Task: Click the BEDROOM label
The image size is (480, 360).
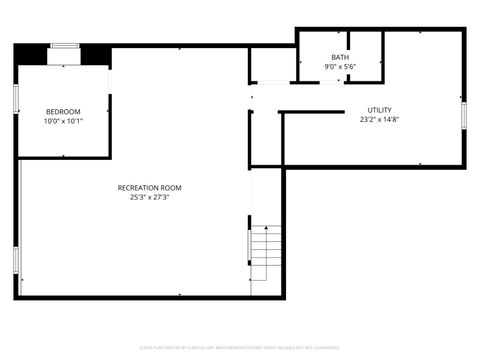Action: pyautogui.click(x=63, y=111)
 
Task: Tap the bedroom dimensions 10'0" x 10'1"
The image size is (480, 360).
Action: pyautogui.click(x=63, y=121)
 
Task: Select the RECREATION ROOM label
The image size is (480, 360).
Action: pyautogui.click(x=150, y=187)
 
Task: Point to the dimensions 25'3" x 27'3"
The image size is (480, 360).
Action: pyautogui.click(x=150, y=197)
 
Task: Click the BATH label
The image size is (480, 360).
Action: pyautogui.click(x=341, y=57)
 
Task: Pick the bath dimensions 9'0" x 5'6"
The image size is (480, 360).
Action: pyautogui.click(x=341, y=67)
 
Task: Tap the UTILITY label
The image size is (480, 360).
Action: pyautogui.click(x=379, y=110)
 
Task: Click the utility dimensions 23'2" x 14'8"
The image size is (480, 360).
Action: pyautogui.click(x=379, y=120)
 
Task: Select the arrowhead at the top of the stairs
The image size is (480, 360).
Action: pyautogui.click(x=265, y=230)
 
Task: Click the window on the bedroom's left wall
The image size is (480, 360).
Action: pyautogui.click(x=15, y=100)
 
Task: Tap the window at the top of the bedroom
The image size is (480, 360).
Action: pyautogui.click(x=66, y=46)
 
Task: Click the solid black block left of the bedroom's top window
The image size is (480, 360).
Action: pyautogui.click(x=32, y=53)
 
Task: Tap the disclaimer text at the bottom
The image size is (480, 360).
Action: pyautogui.click(x=240, y=349)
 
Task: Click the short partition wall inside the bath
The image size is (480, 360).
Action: pyautogui.click(x=381, y=47)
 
